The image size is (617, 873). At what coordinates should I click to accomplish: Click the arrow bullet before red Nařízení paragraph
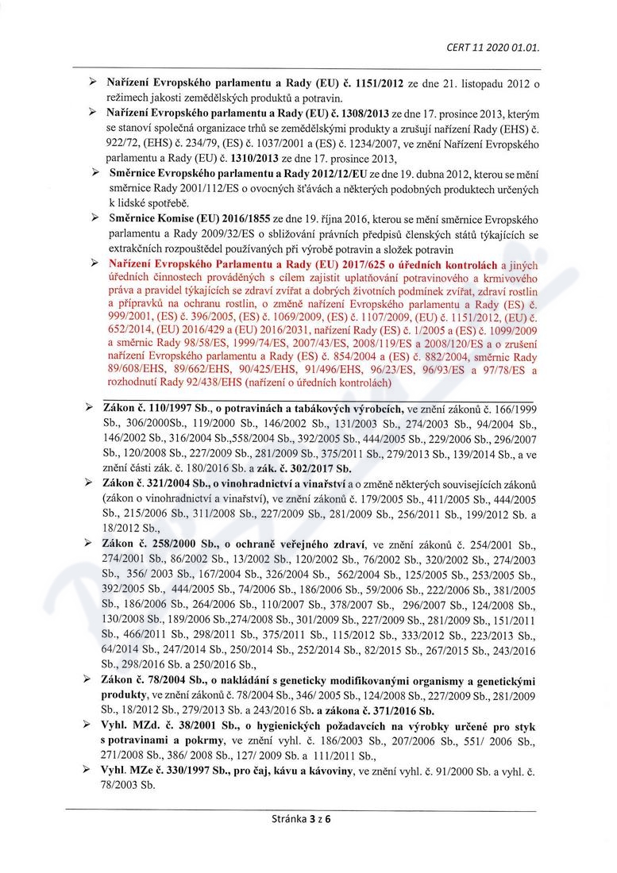(x=94, y=264)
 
